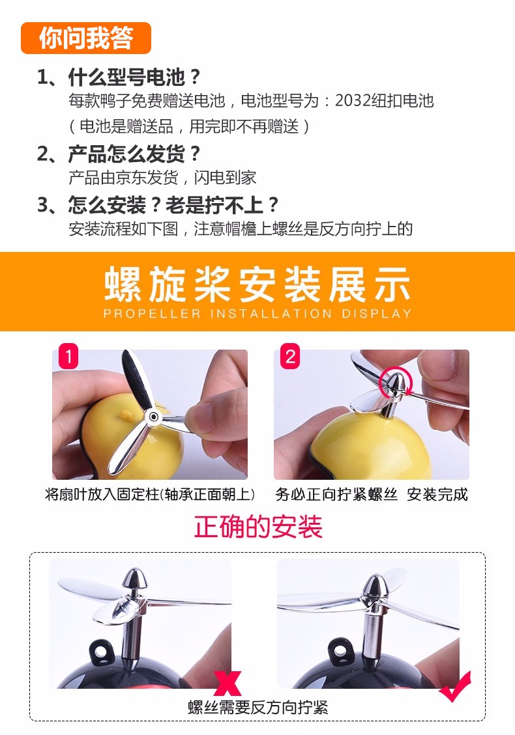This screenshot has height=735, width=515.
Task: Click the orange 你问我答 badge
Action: click(x=86, y=38)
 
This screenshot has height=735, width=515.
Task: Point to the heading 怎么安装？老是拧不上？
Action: click(x=173, y=205)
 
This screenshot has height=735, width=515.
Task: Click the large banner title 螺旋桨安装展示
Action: click(x=257, y=284)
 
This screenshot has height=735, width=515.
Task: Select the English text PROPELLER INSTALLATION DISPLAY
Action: click(x=257, y=313)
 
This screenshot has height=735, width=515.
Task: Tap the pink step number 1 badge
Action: click(x=68, y=357)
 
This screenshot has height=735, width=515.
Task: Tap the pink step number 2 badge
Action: click(x=290, y=357)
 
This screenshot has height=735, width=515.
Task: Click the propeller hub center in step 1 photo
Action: click(x=152, y=416)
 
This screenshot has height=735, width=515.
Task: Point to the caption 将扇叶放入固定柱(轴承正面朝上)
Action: click(x=150, y=494)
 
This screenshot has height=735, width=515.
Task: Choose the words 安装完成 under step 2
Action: click(x=437, y=494)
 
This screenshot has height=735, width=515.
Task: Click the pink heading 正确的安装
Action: click(x=257, y=527)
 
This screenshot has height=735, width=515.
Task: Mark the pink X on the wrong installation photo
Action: click(x=228, y=683)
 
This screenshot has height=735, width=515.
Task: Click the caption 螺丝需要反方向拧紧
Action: click(x=257, y=707)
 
